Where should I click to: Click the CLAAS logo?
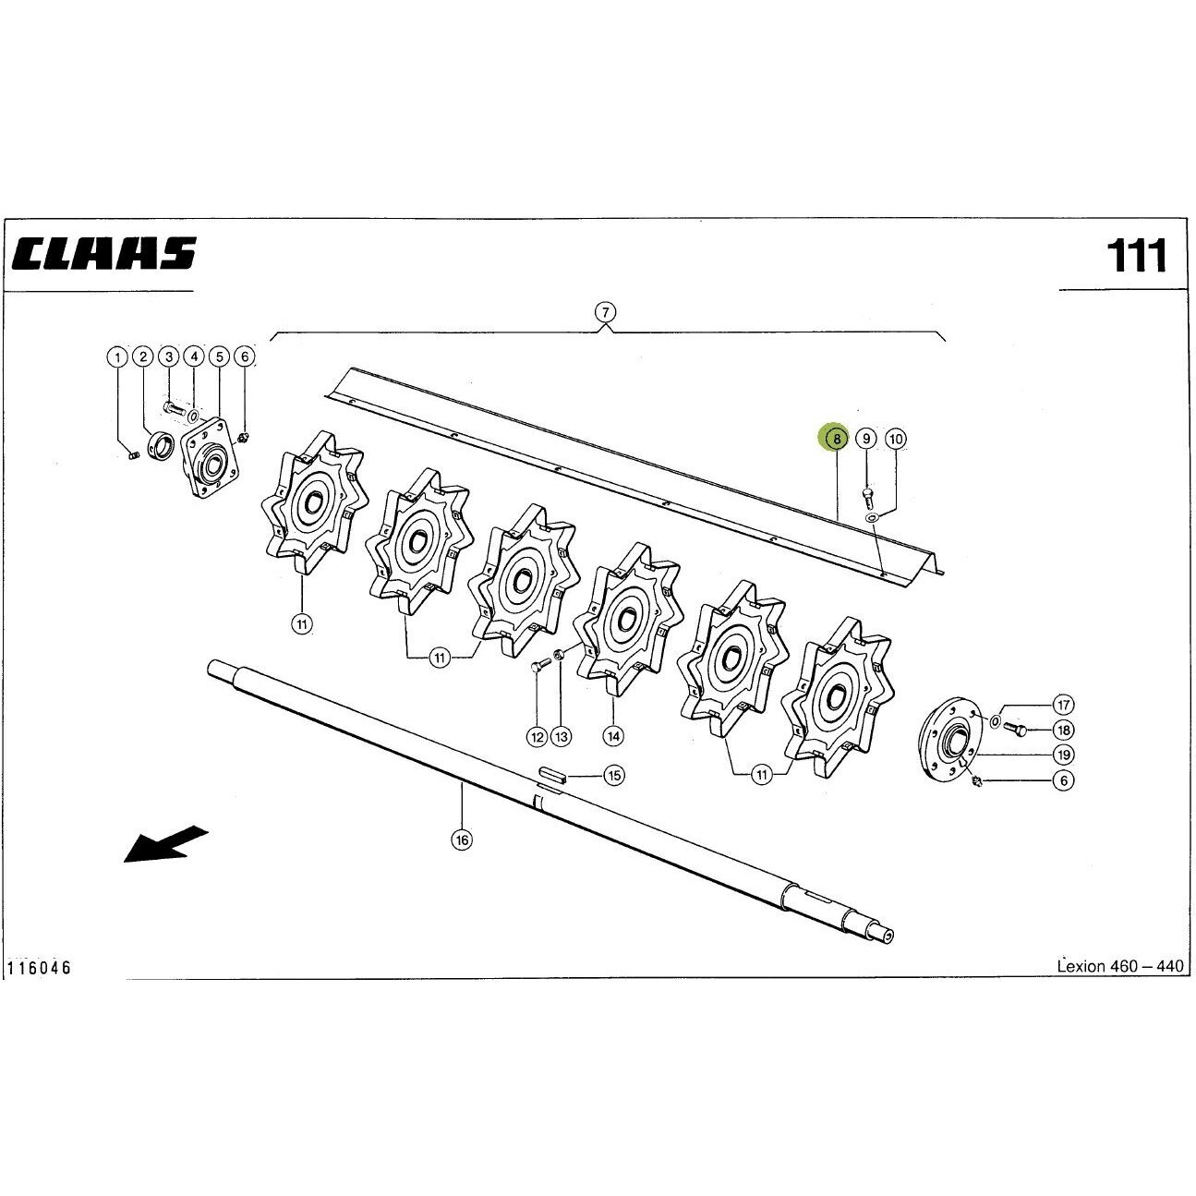103,253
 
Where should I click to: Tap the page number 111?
1137,255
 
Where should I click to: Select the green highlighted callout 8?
837,439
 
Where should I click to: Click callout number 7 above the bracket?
605,311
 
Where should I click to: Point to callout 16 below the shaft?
462,840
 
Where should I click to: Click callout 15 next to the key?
614,775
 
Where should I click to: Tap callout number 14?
613,736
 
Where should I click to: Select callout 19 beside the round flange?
1064,755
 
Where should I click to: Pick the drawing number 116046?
39,985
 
